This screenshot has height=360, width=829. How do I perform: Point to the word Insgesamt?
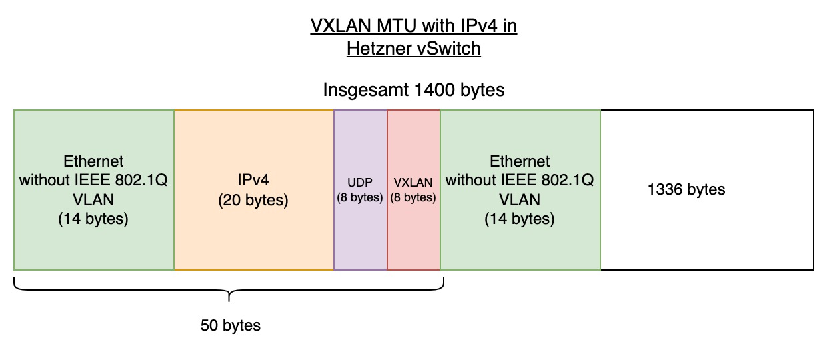pyautogui.click(x=366, y=90)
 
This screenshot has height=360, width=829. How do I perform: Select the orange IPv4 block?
pyautogui.click(x=254, y=190)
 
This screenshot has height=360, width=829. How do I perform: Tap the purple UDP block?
pyautogui.click(x=361, y=190)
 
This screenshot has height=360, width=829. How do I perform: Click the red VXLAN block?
pyautogui.click(x=414, y=190)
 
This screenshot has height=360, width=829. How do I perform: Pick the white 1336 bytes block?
pyautogui.click(x=707, y=190)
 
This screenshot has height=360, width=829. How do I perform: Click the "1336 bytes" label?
pyautogui.click(x=686, y=189)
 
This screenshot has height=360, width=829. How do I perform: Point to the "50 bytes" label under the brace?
pyautogui.click(x=230, y=325)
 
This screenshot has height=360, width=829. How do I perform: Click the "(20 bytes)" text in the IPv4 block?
pyautogui.click(x=253, y=201)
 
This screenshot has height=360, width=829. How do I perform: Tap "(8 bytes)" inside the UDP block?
pyautogui.click(x=360, y=197)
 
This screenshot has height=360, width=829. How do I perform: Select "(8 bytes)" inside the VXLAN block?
pyautogui.click(x=413, y=197)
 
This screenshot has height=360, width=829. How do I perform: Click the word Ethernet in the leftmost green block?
pyautogui.click(x=93, y=161)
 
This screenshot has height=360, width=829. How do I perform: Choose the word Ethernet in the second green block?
pyautogui.click(x=520, y=161)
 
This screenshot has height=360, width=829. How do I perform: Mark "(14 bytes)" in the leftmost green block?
pyautogui.click(x=93, y=219)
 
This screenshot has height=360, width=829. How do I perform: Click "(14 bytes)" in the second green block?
pyautogui.click(x=520, y=219)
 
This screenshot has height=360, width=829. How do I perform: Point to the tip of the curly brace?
pyautogui.click(x=229, y=301)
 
